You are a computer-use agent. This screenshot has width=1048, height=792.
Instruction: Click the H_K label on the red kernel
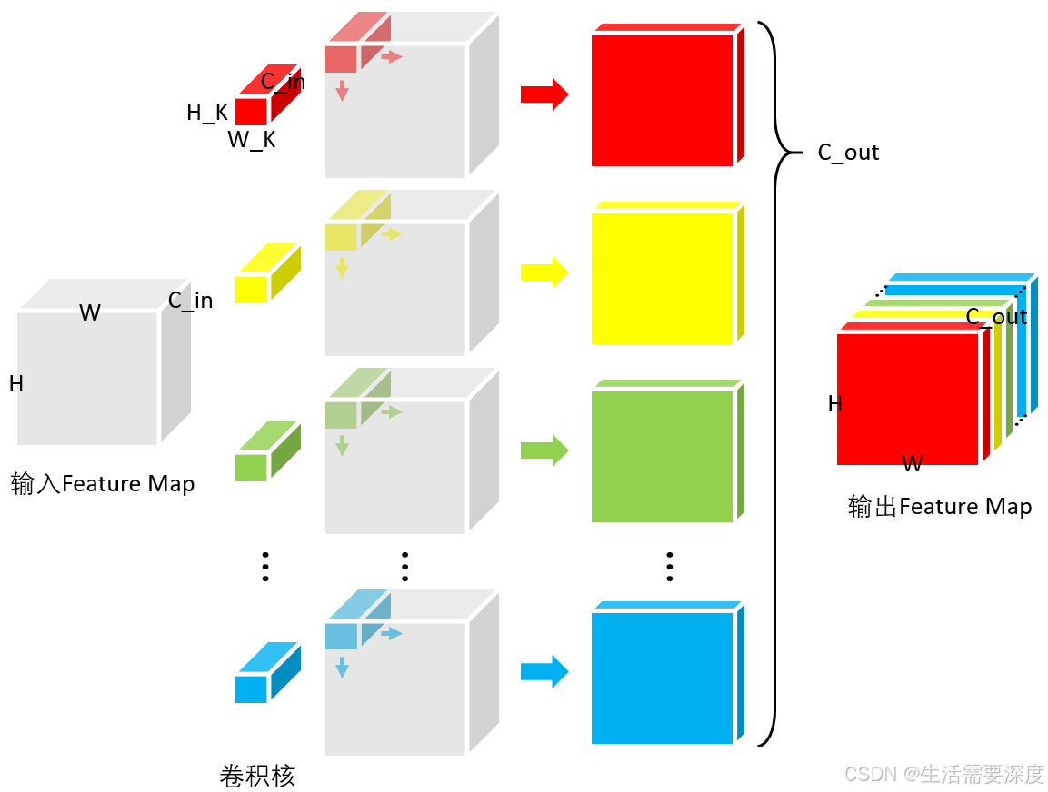click(x=207, y=113)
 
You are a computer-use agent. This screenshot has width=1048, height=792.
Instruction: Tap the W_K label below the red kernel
click(x=251, y=140)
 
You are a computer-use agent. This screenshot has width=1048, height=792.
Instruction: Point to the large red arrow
click(x=544, y=94)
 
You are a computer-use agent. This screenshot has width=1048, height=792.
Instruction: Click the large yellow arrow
click(x=544, y=272)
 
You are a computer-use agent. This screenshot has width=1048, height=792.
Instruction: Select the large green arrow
click(x=544, y=450)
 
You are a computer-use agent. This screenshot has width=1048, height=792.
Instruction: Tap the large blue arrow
click(x=544, y=672)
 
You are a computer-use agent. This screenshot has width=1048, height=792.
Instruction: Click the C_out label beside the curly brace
click(x=848, y=153)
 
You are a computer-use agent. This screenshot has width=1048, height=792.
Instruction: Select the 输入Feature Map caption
click(x=103, y=484)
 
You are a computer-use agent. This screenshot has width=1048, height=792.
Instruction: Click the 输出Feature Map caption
click(x=940, y=507)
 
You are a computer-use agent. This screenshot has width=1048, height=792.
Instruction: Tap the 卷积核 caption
click(x=258, y=777)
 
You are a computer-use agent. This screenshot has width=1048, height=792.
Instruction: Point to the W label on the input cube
click(x=89, y=313)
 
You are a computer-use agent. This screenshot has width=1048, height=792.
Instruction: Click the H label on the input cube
click(x=16, y=384)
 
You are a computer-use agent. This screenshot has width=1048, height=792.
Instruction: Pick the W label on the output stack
click(x=913, y=464)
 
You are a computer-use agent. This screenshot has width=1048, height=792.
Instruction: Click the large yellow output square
click(x=662, y=278)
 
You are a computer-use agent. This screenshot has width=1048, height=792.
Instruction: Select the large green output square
click(x=662, y=456)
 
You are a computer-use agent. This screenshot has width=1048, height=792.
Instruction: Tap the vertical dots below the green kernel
click(x=265, y=566)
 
